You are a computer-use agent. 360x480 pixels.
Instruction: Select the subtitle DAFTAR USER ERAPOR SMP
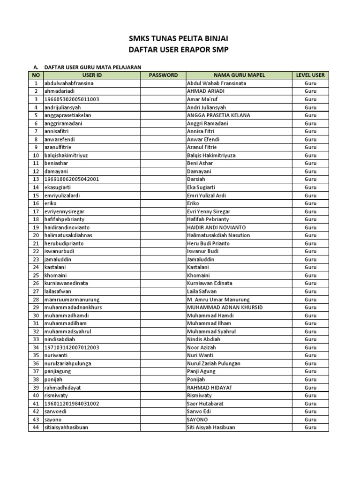coord(180,49)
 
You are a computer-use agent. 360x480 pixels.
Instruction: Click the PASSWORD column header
coord(163,75)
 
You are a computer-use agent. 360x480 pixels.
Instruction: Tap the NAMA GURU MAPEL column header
coord(239,75)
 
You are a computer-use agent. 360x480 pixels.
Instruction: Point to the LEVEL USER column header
coord(310,75)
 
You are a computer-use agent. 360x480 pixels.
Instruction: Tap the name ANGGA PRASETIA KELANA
coord(218,115)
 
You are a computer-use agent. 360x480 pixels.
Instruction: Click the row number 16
coord(36,203)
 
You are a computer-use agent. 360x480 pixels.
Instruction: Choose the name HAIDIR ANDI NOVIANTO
coord(216,227)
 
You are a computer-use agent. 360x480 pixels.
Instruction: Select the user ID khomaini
coord(56,275)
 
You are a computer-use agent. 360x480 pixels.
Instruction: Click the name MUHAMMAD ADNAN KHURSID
coord(225,307)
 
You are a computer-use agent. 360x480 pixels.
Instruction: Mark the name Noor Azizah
coord(202,347)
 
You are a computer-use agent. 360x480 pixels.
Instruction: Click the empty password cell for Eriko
coord(163,203)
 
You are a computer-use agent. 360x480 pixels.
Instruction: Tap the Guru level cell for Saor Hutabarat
coord(310,404)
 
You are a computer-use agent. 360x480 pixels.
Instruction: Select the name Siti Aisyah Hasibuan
coord(211,427)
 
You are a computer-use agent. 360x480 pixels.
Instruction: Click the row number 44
coord(36,427)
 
